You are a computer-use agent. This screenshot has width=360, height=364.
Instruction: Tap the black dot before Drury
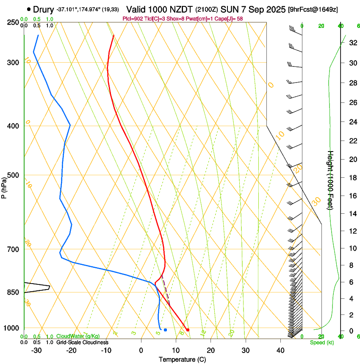[x=29, y=9]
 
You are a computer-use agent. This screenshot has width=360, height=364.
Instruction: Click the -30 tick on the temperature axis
[x=36, y=350]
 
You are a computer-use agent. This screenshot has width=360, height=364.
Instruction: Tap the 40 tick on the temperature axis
[x=280, y=350]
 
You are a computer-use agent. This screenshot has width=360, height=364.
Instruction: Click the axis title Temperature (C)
[x=182, y=359]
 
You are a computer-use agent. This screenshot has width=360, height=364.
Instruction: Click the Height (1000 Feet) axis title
[x=331, y=180]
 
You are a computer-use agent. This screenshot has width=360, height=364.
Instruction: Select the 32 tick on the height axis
[x=352, y=42]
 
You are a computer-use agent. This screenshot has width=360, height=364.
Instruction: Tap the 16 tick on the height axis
[x=352, y=196]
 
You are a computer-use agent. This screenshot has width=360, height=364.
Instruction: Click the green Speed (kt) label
[x=322, y=342]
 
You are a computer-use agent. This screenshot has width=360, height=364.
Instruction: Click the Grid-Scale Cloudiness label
[x=82, y=342]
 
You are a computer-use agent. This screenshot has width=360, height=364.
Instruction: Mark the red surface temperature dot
[x=188, y=330]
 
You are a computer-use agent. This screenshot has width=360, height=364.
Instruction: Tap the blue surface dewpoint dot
[x=165, y=330]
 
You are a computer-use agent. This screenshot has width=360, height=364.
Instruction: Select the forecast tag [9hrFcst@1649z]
[x=313, y=9]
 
